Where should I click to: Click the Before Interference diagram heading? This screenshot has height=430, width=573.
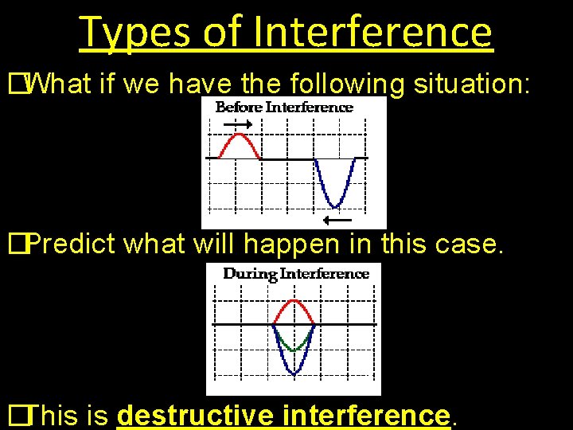[x=285, y=107]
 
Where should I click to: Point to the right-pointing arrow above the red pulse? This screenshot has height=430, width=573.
[x=236, y=125]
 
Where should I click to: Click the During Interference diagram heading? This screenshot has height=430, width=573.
[x=296, y=274]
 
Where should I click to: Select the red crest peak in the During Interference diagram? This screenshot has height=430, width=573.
[x=294, y=301]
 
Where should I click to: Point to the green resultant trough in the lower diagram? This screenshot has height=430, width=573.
[x=294, y=350]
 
